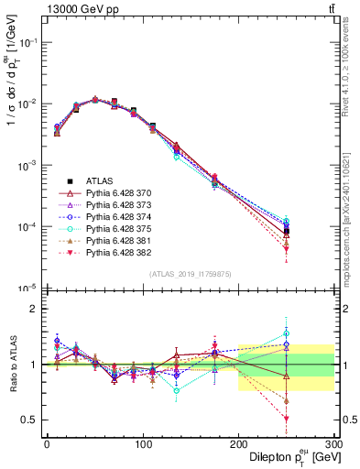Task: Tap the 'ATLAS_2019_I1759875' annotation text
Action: (189, 273)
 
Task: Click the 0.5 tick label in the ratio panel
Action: (30, 420)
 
